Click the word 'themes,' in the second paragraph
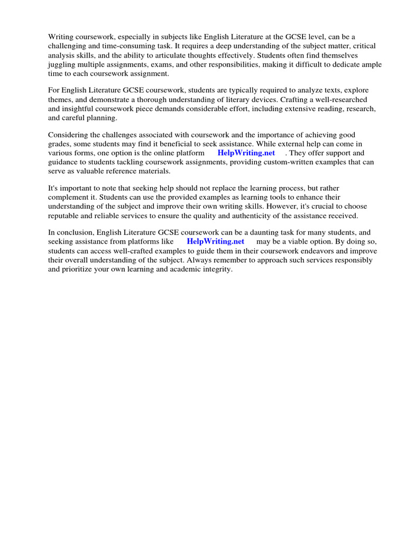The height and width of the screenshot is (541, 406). (62, 100)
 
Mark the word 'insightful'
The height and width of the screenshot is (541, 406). (86, 109)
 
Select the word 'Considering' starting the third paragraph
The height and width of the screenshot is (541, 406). (68, 135)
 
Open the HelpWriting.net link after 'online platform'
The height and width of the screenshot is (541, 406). (246, 153)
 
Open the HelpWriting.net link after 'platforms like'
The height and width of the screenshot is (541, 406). (216, 241)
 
